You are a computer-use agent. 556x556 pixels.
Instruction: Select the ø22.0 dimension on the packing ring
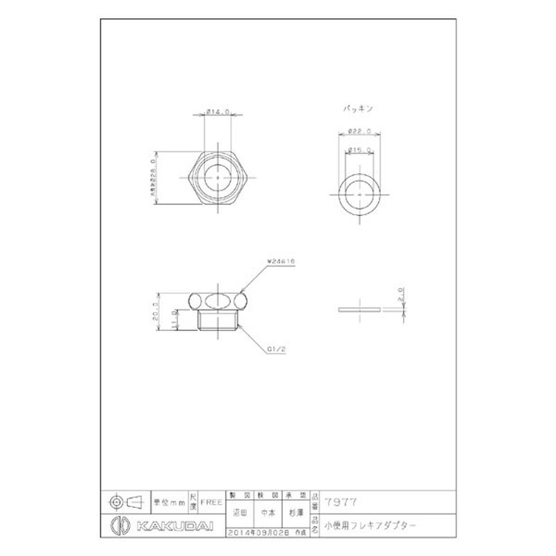(359, 131)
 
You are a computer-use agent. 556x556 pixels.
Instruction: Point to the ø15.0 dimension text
(359, 149)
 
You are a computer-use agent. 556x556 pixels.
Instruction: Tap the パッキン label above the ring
(359, 109)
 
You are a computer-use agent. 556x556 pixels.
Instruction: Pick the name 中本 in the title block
(267, 515)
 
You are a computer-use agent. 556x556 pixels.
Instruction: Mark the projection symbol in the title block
(125, 500)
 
